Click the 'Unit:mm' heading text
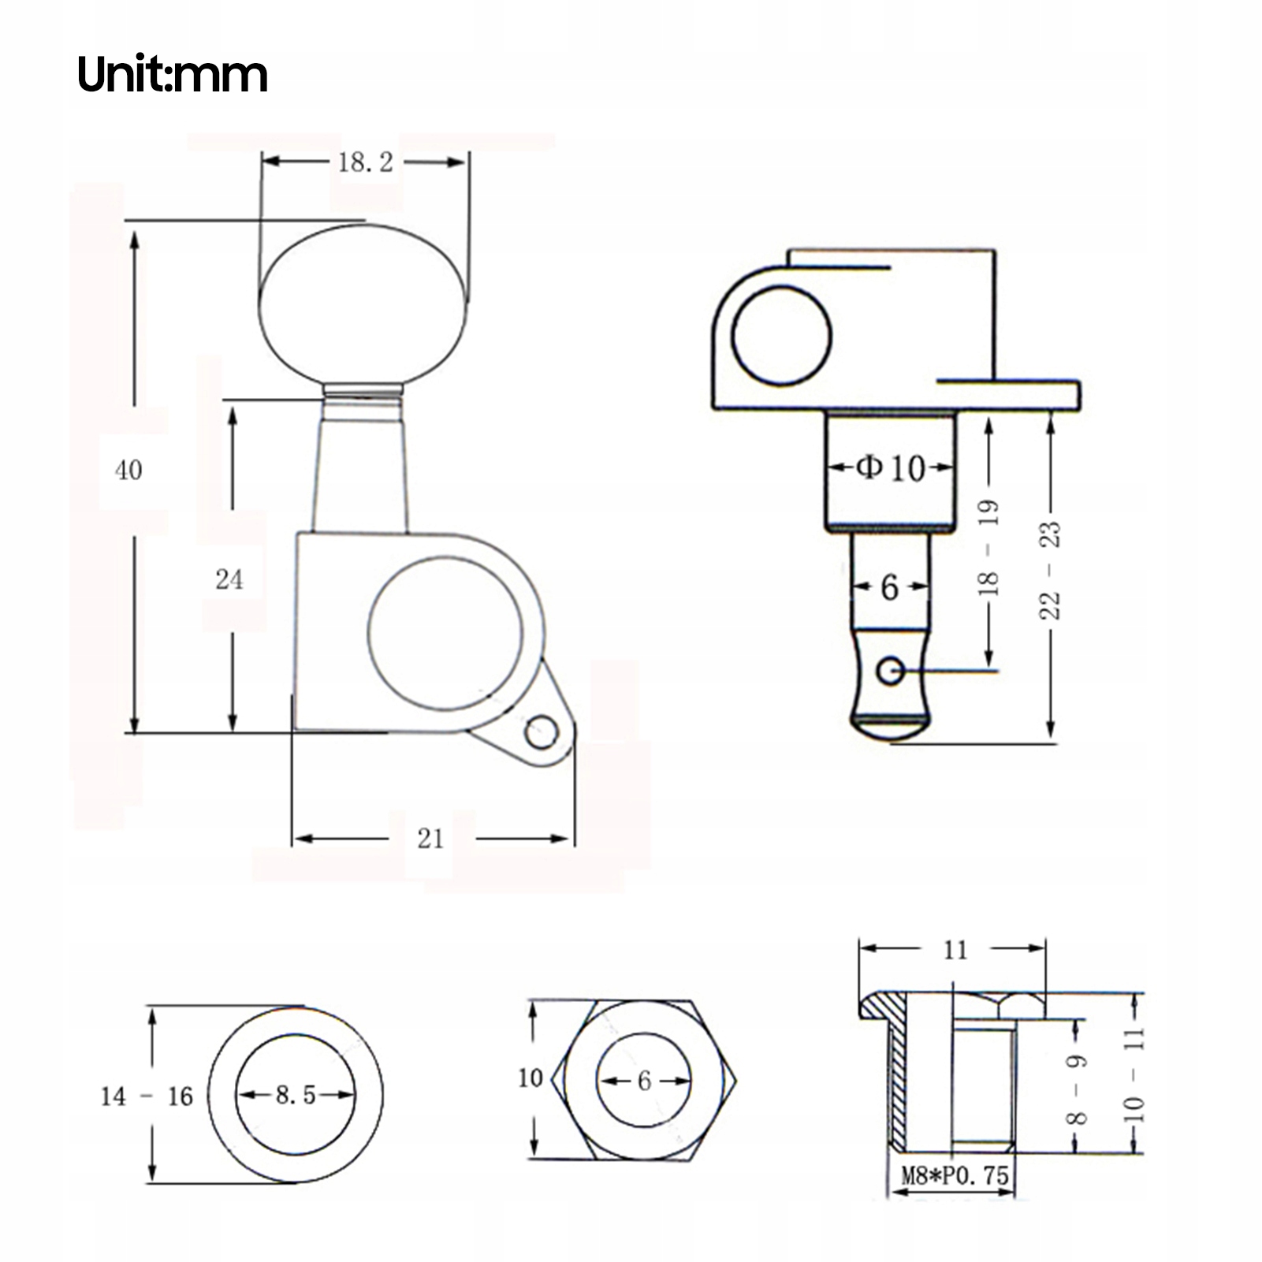pos(173,76)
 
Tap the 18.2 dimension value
pos(365,162)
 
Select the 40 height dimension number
pos(128,471)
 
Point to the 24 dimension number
pos(229,579)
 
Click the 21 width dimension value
pos(430,839)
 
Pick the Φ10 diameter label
pos(890,468)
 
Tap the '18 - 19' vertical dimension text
pos(988,547)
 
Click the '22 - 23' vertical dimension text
pos(1051,570)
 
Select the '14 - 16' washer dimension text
pos(147,1096)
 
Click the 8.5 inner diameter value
pos(296,1095)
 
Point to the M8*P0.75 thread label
pos(955,1175)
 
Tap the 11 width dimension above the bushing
pos(955,950)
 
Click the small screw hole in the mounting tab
pos(542,732)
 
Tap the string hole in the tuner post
pos(891,671)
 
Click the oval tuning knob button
pos(363,306)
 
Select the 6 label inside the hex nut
pos(644,1080)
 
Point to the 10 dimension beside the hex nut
pos(530,1078)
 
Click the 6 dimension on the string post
pos(889,586)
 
